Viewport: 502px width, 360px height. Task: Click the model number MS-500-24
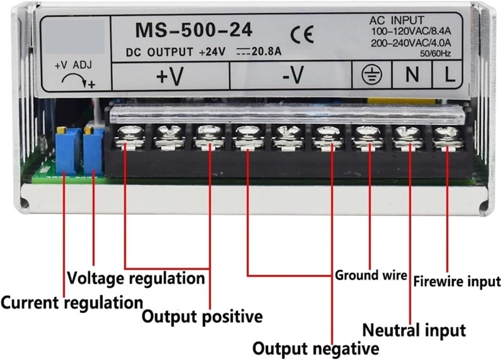click(x=194, y=30)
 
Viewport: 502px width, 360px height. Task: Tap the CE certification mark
click(x=301, y=35)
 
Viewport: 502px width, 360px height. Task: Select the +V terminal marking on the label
click(x=170, y=76)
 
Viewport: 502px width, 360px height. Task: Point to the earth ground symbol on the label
click(x=372, y=75)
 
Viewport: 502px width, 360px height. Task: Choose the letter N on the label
click(x=412, y=75)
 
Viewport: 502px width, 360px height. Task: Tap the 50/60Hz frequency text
click(x=435, y=54)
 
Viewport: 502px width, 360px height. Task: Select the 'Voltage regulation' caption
click(x=136, y=278)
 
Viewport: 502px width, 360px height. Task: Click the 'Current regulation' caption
click(x=72, y=303)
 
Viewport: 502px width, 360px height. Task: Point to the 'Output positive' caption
click(x=202, y=317)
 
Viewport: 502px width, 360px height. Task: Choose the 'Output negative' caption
click(x=315, y=348)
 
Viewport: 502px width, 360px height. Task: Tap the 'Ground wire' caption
click(x=371, y=275)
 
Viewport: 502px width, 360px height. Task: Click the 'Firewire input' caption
click(x=457, y=281)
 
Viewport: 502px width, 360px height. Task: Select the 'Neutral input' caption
click(x=414, y=330)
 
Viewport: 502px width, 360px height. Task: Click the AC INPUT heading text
click(x=396, y=20)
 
